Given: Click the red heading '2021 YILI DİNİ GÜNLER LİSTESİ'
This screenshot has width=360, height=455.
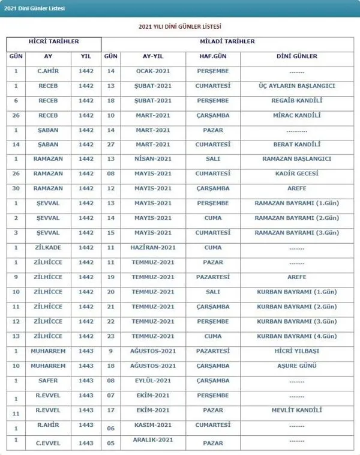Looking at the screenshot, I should pos(183,27).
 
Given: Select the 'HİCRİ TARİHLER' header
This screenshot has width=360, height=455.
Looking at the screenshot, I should pos(53,41).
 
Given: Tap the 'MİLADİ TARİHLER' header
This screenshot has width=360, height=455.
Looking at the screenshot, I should pos(230,41).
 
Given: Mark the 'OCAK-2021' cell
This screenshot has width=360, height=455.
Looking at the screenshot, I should pos(154,71).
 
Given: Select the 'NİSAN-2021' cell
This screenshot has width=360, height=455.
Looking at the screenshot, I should pos(154,158).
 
